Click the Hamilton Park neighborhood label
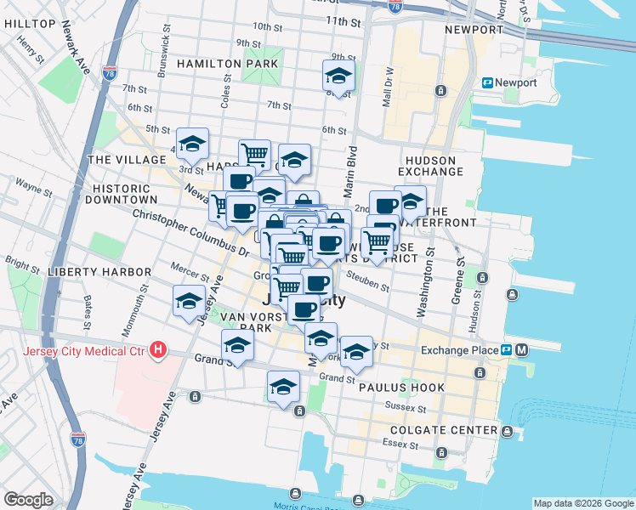pyautogui.click(x=228, y=64)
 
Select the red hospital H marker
pyautogui.click(x=157, y=348)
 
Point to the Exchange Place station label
pyautogui.click(x=460, y=349)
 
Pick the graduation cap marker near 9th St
pyautogui.click(x=338, y=76)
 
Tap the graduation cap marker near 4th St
pyautogui.click(x=192, y=144)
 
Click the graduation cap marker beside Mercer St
pyautogui.click(x=189, y=301)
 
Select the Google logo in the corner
pyautogui.click(x=28, y=499)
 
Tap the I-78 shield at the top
pyautogui.click(x=395, y=6)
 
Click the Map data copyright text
pyautogui.click(x=583, y=503)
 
